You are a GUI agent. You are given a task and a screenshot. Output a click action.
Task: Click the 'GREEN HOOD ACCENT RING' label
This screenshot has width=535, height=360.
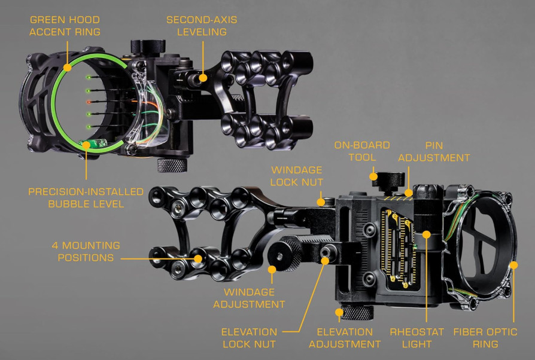(x=66, y=26)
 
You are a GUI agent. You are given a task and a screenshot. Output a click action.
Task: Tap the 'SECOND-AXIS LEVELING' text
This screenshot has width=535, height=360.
(x=202, y=26)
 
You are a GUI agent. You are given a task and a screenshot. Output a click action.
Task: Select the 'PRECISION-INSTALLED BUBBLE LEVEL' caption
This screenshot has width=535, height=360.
(x=86, y=198)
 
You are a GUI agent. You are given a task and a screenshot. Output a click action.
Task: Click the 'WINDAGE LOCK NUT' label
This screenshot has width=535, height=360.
(x=297, y=176)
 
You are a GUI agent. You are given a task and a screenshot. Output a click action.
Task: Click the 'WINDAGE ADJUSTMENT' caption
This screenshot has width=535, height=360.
(x=254, y=298)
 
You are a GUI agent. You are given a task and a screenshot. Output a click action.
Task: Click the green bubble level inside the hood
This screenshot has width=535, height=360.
(x=90, y=143)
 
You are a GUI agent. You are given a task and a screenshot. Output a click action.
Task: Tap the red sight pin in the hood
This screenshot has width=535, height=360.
(x=88, y=102)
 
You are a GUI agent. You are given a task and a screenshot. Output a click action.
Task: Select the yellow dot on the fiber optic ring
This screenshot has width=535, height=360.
(x=513, y=264)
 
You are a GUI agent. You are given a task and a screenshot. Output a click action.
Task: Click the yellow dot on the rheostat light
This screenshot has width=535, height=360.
(x=426, y=234)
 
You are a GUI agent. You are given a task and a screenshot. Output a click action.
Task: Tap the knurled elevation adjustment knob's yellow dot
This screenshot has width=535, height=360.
(x=339, y=312)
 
